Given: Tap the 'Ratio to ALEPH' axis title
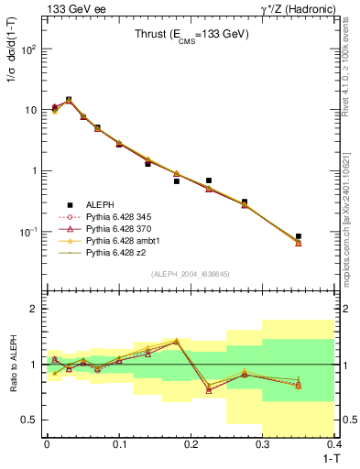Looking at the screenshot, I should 12,365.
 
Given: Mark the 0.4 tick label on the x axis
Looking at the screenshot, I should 334,442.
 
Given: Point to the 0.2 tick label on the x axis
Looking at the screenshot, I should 191,442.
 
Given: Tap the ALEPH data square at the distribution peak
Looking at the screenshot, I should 69,100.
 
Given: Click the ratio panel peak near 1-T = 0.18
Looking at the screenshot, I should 176,341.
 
